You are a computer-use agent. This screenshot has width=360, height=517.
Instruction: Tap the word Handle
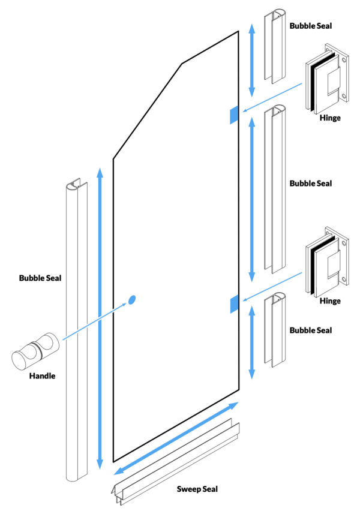click(42, 376)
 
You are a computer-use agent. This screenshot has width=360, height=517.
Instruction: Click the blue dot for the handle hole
click(133, 299)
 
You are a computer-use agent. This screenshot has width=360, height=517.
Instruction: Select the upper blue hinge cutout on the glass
click(233, 115)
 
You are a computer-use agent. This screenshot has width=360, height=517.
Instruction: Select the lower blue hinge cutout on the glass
click(233, 304)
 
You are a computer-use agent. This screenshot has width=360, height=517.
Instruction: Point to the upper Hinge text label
click(330, 118)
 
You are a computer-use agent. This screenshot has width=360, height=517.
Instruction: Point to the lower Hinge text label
click(330, 301)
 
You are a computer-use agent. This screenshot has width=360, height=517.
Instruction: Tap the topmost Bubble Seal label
click(310, 26)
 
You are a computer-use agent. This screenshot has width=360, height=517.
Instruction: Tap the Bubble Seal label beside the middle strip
click(310, 184)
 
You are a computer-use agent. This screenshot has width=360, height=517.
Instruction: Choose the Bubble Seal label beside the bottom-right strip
click(310, 330)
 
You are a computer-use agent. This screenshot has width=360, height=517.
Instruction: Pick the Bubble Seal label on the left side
click(40, 278)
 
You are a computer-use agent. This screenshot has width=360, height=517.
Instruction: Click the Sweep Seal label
click(197, 489)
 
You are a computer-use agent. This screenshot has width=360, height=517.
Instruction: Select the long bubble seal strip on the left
click(76, 330)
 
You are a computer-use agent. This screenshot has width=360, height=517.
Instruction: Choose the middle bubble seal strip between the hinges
click(275, 189)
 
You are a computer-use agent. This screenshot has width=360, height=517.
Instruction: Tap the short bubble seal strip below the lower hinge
click(275, 330)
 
